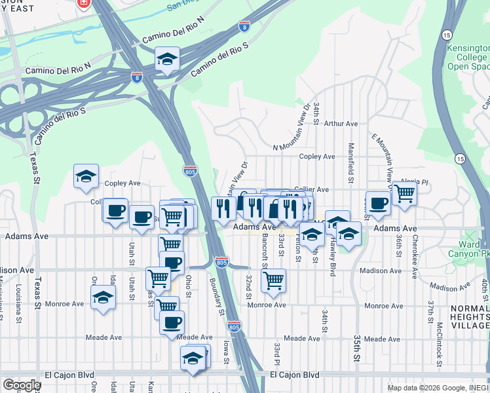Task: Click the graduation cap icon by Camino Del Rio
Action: [x=168, y=60]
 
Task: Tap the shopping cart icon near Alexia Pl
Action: [x=405, y=193]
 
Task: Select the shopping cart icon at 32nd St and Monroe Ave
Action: [x=273, y=280]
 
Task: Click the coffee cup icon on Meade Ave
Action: [x=172, y=322]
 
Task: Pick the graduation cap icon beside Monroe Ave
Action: [x=103, y=298]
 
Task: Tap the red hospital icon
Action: [x=83, y=4]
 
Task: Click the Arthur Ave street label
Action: [x=341, y=123]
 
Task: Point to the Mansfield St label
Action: [x=351, y=163]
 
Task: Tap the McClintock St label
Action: [x=439, y=343]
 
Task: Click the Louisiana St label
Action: [x=20, y=301]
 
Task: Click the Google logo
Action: [x=22, y=385]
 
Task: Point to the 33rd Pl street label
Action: [x=277, y=354]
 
